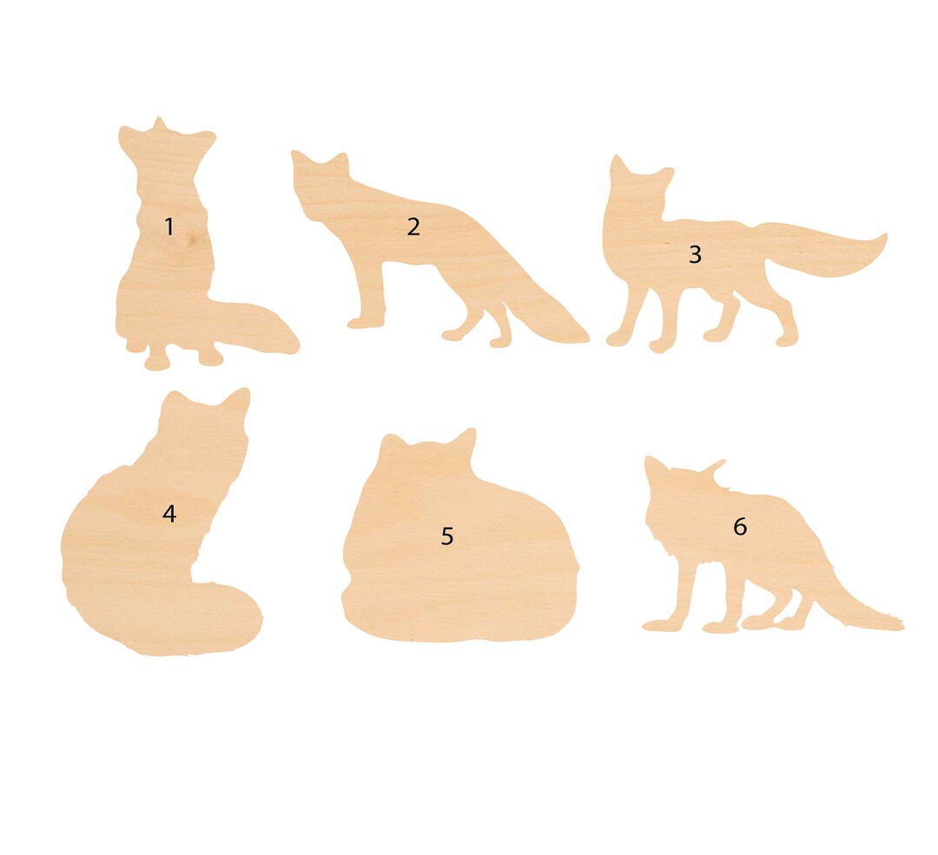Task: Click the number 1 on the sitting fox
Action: [x=169, y=227]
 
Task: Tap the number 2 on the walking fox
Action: [x=413, y=227]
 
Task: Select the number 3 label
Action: [x=695, y=255]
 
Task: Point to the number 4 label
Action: [x=169, y=514]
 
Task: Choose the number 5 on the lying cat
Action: [x=447, y=536]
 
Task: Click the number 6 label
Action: [x=740, y=527]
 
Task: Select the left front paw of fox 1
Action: [x=157, y=361]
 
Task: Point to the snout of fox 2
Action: [x=296, y=156]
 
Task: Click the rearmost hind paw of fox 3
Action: [x=785, y=339]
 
